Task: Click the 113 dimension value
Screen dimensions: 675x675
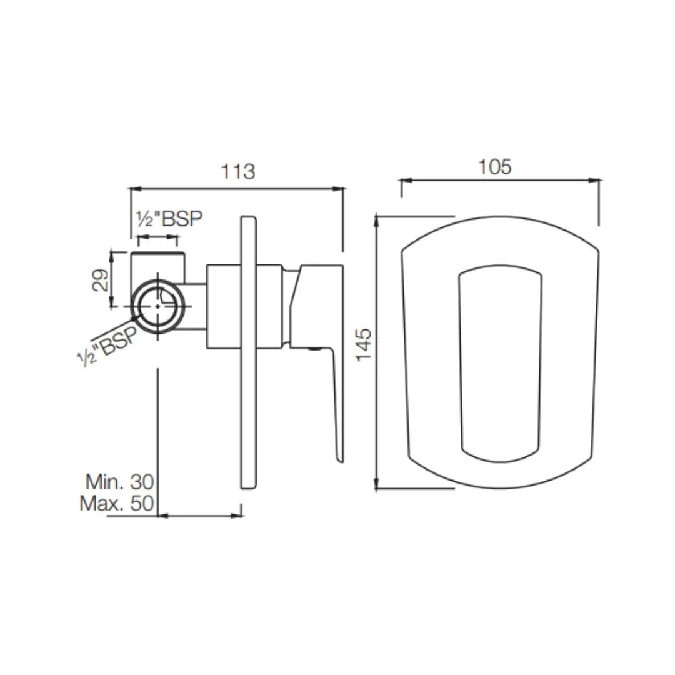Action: (x=237, y=171)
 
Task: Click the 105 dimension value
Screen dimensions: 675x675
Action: (x=494, y=167)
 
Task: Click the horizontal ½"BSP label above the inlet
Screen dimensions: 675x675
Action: (x=169, y=219)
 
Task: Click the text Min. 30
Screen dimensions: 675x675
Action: (x=119, y=481)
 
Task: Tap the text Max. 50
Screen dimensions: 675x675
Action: (x=117, y=503)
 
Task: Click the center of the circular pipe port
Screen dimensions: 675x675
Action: (x=161, y=306)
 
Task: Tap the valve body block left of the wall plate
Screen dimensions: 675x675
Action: (x=222, y=306)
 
